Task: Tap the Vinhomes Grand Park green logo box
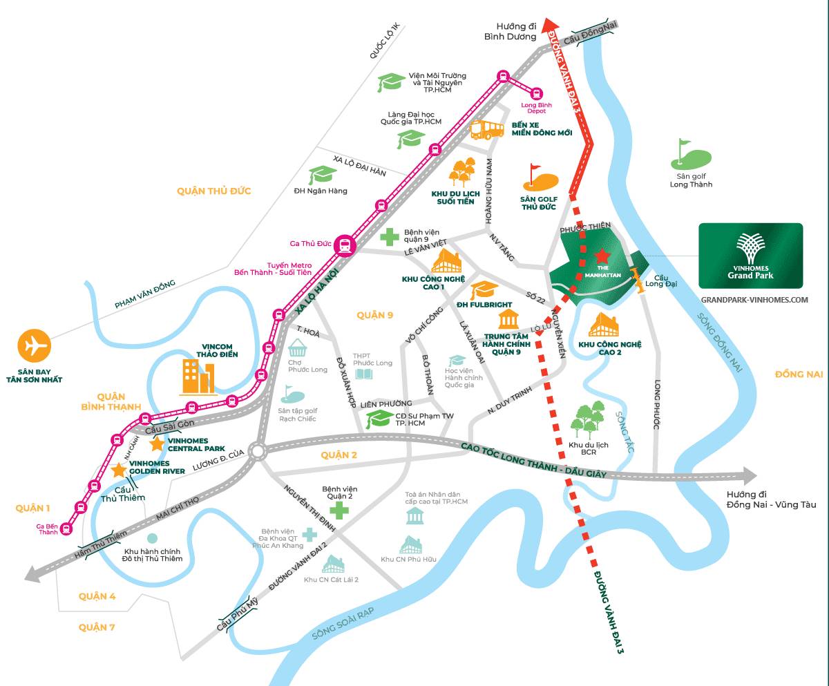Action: click(750, 255)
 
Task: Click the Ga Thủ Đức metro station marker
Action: click(344, 245)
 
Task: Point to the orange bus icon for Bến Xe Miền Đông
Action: click(488, 129)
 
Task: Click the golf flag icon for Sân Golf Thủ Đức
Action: click(540, 178)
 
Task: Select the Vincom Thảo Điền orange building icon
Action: click(198, 377)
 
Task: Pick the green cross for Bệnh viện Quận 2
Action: click(339, 511)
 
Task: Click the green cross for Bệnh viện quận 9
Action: click(390, 237)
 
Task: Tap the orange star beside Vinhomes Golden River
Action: click(119, 470)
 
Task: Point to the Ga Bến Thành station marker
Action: click(66, 528)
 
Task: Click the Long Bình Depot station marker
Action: click(537, 93)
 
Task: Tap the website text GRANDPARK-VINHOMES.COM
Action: click(754, 300)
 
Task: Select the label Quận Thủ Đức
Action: click(213, 191)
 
